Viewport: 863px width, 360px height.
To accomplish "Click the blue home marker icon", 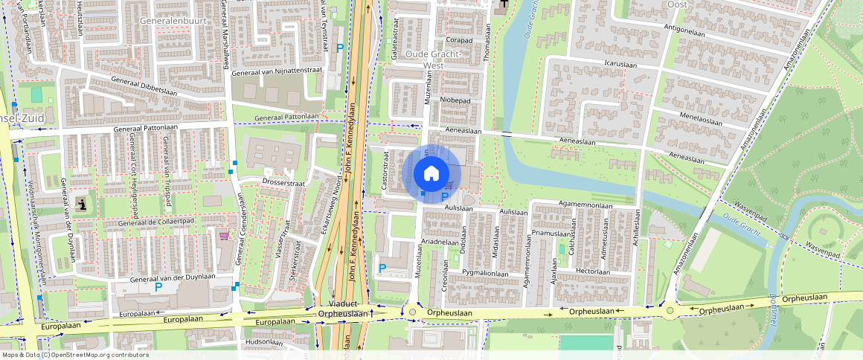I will tap(431, 173).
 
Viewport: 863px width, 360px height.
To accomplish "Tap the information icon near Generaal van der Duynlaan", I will tap(81, 204).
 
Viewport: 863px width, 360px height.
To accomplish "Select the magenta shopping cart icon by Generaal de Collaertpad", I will tap(224, 236).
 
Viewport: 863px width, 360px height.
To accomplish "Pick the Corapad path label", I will tap(459, 40).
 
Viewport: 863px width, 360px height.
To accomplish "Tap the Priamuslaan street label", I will tap(551, 233).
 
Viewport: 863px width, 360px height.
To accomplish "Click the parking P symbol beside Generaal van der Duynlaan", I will tap(158, 286).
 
